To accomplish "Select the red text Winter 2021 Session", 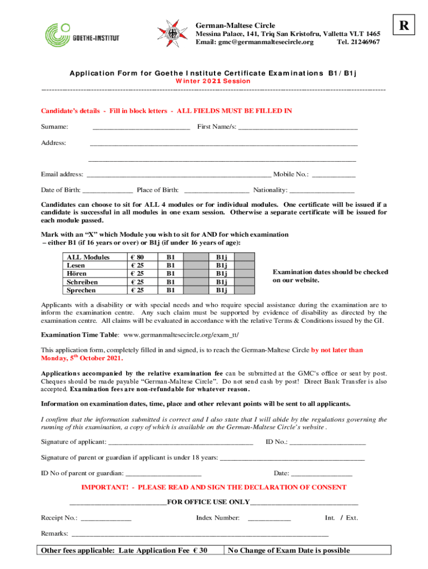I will pos(213,81).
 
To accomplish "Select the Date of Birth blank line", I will pos(107,190).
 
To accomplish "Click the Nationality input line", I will pos(322,190).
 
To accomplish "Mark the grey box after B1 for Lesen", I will pos(197,266).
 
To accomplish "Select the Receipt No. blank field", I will pos(106,518).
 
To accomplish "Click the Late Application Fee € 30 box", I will pos(130,550).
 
